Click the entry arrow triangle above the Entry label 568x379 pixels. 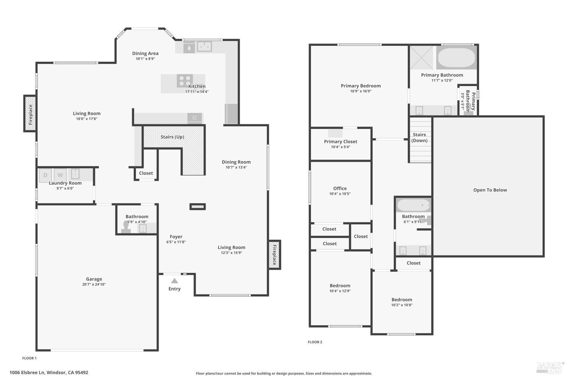pyautogui.click(x=175, y=281)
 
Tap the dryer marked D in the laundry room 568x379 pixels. pyautogui.click(x=45, y=175)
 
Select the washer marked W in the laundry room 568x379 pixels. pyautogui.click(x=60, y=175)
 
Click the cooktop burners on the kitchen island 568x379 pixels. pyautogui.click(x=185, y=81)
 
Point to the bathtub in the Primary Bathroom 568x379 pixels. pyautogui.click(x=456, y=58)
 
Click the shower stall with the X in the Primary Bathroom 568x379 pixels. pyautogui.click(x=421, y=58)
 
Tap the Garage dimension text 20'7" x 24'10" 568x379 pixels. pyautogui.click(x=94, y=284)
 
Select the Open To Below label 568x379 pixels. pyautogui.click(x=490, y=190)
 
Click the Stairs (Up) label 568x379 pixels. pyautogui.click(x=172, y=137)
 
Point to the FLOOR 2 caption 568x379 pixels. pyautogui.click(x=315, y=342)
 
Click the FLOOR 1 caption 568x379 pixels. pyautogui.click(x=30, y=358)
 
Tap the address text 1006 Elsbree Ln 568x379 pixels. pyautogui.click(x=27, y=373)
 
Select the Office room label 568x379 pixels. pyautogui.click(x=340, y=188)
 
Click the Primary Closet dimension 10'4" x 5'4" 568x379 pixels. pyautogui.click(x=340, y=147)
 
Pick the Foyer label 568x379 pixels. pyautogui.click(x=176, y=236)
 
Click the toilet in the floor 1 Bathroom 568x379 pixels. pyautogui.click(x=126, y=227)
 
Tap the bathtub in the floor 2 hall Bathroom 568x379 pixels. pyautogui.click(x=414, y=205)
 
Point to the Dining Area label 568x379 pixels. pyautogui.click(x=145, y=53)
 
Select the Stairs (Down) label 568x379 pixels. pyautogui.click(x=420, y=138)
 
